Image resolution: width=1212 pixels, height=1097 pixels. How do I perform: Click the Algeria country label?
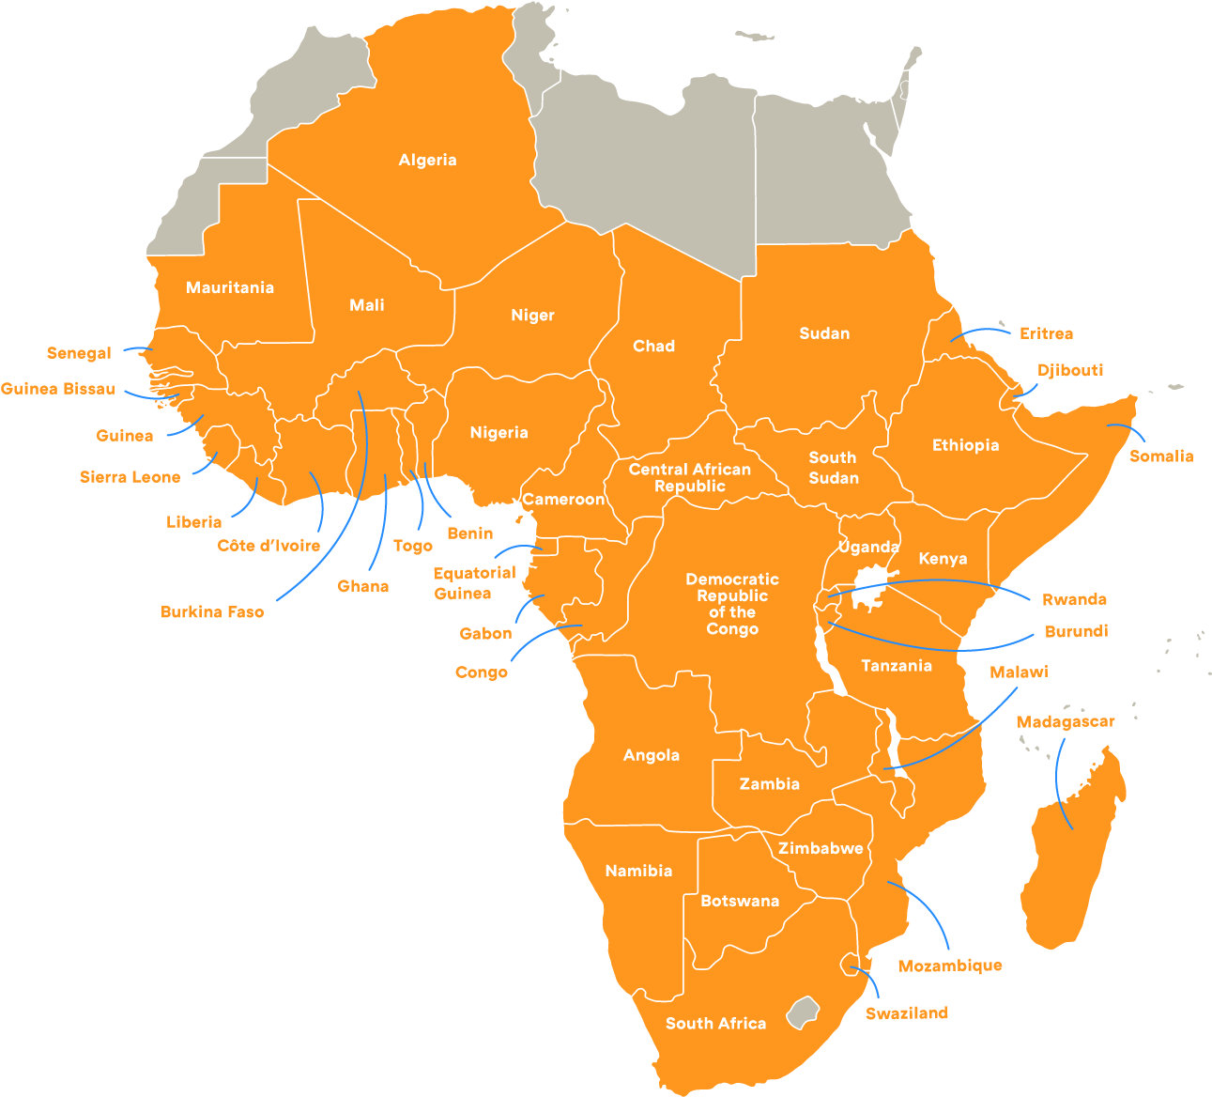[x=427, y=160]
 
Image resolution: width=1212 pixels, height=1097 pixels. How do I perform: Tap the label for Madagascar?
[x=1066, y=721]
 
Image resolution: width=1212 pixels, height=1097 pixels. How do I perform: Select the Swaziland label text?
[x=906, y=1012]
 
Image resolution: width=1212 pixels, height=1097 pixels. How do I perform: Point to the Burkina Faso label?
[x=212, y=611]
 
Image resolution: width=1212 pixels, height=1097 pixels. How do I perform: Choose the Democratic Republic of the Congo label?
[x=732, y=604]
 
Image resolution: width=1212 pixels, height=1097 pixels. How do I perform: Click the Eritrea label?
[x=1046, y=333]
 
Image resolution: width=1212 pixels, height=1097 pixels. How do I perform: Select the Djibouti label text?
[x=1070, y=370]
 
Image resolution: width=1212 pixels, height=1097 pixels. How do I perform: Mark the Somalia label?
[x=1160, y=456]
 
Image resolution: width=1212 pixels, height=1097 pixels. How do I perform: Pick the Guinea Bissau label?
[x=58, y=389]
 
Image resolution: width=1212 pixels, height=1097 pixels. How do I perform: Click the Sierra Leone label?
[x=130, y=477]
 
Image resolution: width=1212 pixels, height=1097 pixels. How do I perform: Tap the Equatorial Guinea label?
[x=474, y=582]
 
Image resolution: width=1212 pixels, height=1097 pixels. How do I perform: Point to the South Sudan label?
[x=834, y=468]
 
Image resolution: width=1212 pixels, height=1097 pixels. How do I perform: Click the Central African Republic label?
[x=690, y=477]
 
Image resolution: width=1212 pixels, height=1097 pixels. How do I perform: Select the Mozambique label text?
[x=950, y=966]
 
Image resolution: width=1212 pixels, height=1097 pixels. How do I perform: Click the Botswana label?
[x=740, y=901]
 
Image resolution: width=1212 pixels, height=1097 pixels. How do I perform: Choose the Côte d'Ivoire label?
[x=268, y=546]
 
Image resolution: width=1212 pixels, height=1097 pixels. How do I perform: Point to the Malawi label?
[x=1019, y=672]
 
